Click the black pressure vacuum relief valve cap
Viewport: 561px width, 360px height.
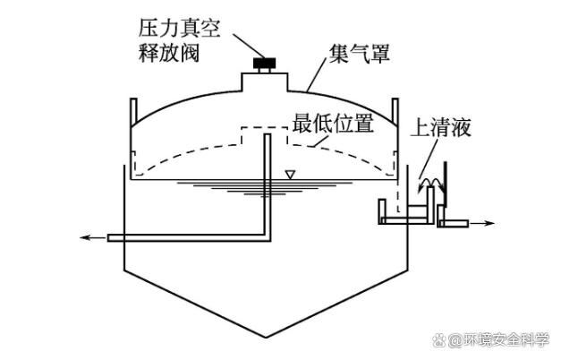[264, 64]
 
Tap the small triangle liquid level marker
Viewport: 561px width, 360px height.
[288, 174]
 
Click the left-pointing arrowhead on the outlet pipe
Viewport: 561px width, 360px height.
[86, 237]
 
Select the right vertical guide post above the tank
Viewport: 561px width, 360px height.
[393, 110]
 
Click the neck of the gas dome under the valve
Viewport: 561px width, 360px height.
[264, 81]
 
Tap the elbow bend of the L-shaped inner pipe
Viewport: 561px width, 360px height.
[266, 235]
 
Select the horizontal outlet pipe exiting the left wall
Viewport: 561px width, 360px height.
[179, 237]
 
